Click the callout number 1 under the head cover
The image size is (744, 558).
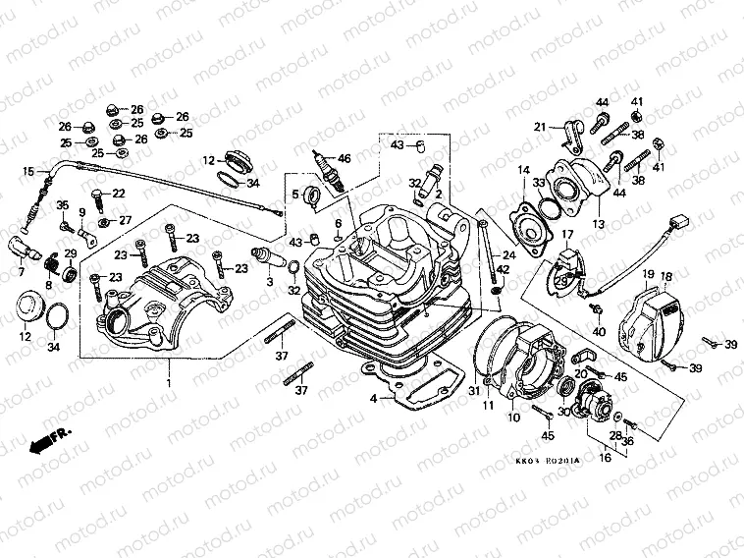[x=168, y=379]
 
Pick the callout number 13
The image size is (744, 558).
[x=597, y=224]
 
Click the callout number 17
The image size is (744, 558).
[x=566, y=234]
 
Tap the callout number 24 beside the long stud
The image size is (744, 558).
[x=509, y=254]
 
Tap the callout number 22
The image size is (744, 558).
[x=118, y=193]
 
